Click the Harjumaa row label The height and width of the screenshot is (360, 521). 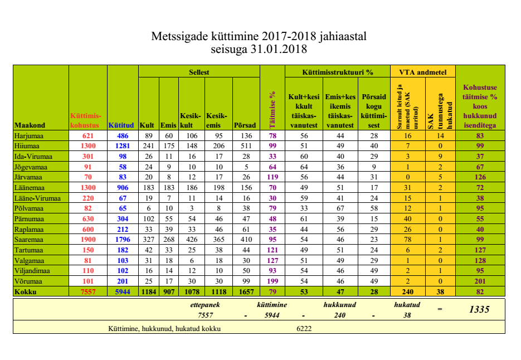[30, 135]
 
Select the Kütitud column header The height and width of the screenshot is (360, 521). [121, 125]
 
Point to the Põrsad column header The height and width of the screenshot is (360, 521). [245, 125]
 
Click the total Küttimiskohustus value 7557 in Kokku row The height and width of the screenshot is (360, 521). [87, 291]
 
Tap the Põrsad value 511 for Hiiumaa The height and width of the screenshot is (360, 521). [245, 146]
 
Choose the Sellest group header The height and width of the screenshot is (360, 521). [199, 72]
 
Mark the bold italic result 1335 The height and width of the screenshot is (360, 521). [479, 309]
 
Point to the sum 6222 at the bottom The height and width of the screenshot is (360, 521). [304, 328]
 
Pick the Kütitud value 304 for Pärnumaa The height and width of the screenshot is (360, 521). [123, 218]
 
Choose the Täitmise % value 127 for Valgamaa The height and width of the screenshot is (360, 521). [272, 260]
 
